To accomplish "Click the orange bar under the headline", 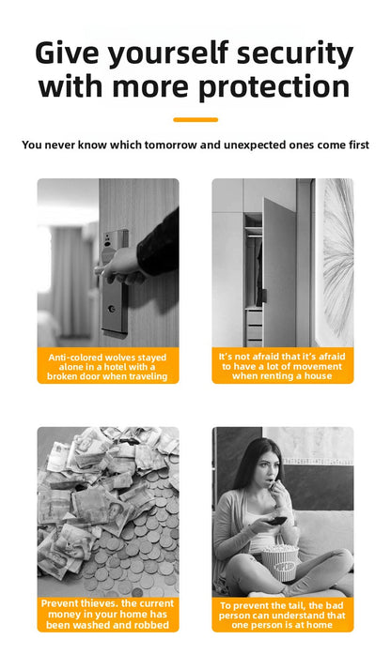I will pyautogui.click(x=195, y=119).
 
